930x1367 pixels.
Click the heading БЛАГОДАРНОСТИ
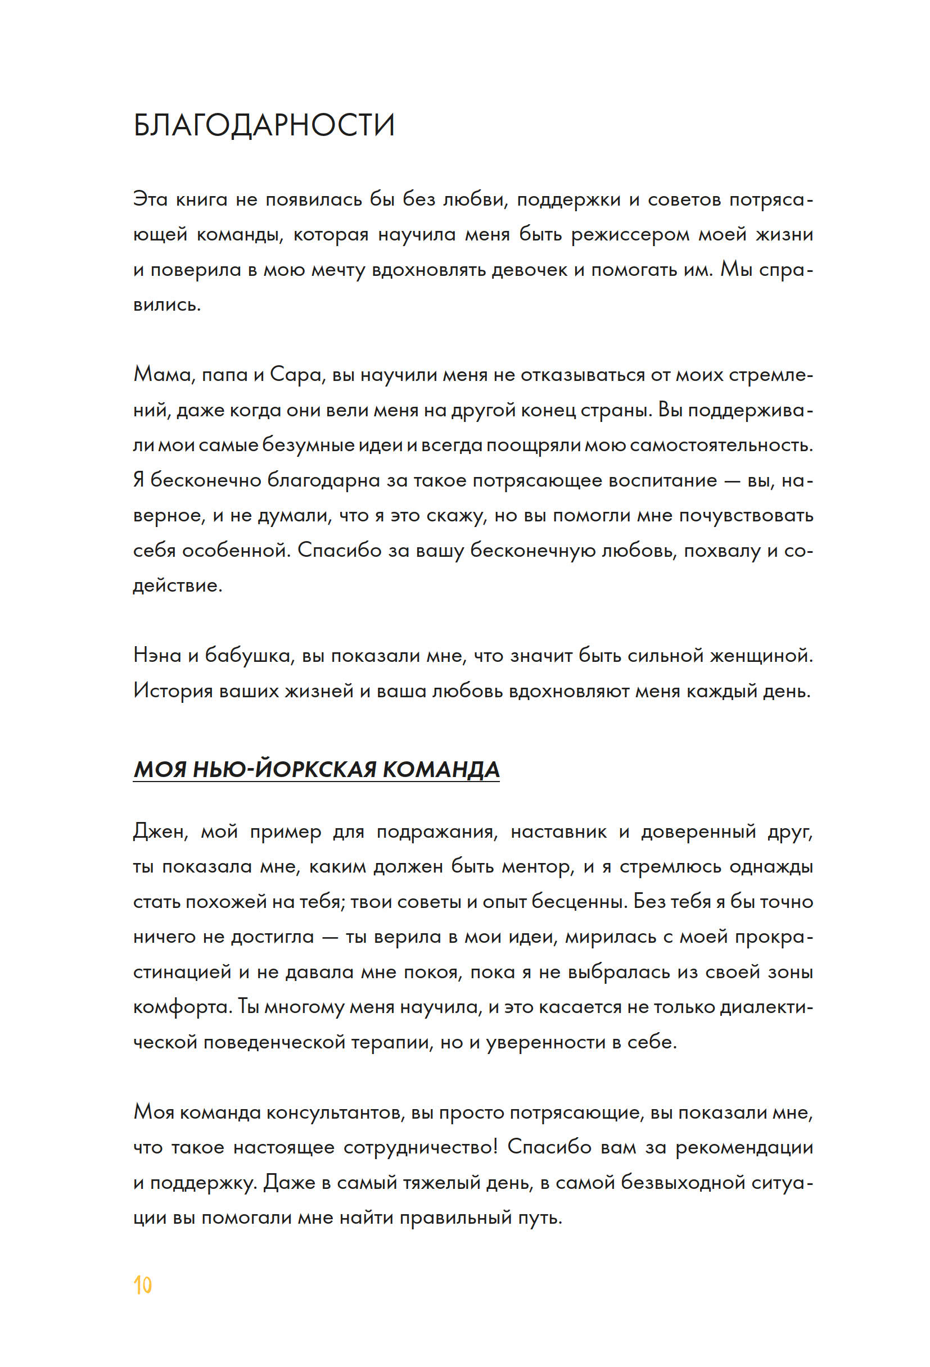264,125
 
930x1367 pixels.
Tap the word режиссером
630,235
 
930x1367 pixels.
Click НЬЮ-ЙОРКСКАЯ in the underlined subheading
285,769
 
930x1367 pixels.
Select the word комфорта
182,1007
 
